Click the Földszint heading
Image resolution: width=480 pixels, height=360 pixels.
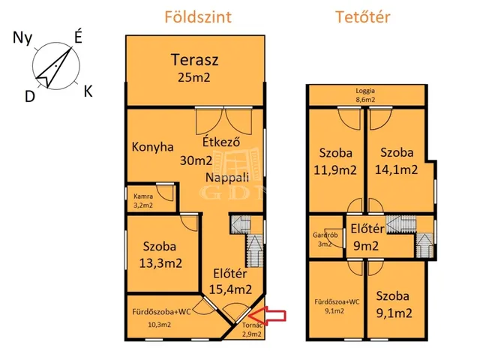click(x=198, y=17)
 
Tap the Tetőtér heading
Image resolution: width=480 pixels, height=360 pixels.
click(x=363, y=17)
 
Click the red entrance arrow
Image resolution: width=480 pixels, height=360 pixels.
click(x=268, y=316)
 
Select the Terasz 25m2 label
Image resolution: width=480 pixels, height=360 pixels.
click(x=195, y=68)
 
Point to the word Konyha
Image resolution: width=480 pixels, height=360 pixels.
click(x=153, y=147)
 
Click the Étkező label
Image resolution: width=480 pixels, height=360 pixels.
click(x=221, y=142)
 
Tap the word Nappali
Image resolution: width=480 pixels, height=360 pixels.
click(x=227, y=178)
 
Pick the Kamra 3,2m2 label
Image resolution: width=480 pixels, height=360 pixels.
click(x=143, y=201)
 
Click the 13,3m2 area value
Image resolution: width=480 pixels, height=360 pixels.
click(x=160, y=263)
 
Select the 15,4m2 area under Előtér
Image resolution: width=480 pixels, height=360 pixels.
click(x=230, y=289)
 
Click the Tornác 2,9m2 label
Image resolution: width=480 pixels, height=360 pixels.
click(x=252, y=330)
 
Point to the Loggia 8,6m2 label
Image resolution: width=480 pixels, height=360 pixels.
click(x=365, y=95)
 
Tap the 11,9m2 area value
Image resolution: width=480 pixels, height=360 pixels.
click(x=335, y=170)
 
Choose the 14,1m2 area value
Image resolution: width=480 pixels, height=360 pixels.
click(x=397, y=170)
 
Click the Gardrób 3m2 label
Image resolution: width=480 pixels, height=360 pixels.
click(x=325, y=240)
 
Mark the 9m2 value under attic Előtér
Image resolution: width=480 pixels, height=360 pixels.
click(x=366, y=246)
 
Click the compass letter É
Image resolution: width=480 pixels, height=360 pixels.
click(x=78, y=38)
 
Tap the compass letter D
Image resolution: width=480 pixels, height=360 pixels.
click(x=30, y=97)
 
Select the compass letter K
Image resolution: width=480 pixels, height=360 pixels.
click(x=88, y=91)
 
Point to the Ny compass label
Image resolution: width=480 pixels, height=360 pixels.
click(x=22, y=38)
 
